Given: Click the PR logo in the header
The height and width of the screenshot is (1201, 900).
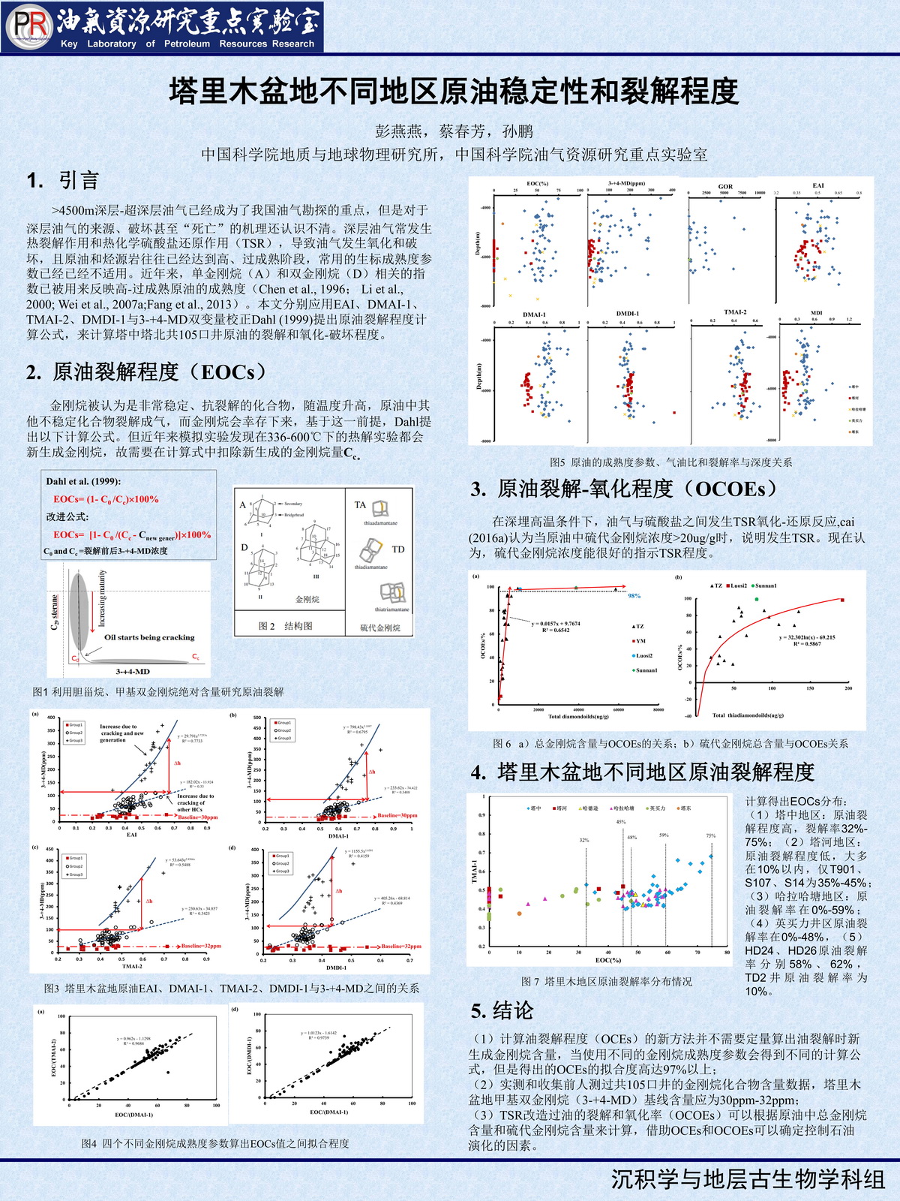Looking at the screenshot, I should [29, 27].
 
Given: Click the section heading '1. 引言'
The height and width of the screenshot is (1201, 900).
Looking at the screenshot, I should [63, 180].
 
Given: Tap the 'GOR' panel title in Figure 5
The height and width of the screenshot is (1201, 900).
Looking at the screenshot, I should [725, 186].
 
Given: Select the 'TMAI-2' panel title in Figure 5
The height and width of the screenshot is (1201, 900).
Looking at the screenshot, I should [735, 312].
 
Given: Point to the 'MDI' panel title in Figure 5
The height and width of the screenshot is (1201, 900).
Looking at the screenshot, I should [817, 312].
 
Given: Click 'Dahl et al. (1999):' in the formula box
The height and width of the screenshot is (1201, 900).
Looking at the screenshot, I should [83, 482].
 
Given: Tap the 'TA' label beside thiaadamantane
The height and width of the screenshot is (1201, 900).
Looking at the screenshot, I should [360, 505].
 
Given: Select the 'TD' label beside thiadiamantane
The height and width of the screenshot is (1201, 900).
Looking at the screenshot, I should [398, 549].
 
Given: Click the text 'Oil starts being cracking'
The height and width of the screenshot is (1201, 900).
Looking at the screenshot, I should [149, 637].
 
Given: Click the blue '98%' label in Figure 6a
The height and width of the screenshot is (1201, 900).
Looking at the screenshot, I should [634, 595].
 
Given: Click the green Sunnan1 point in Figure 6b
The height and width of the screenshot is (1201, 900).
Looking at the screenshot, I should [757, 599].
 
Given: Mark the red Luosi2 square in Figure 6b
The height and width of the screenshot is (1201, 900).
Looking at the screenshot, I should [842, 600].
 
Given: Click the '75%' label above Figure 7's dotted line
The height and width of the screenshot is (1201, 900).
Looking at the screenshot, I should [711, 835].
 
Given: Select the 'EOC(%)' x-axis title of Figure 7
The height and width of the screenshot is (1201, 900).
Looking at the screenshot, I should [608, 960].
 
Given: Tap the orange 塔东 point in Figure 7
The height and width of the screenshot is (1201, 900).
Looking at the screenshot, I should [519, 914].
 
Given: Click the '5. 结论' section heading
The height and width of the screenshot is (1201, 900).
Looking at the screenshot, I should [502, 1010].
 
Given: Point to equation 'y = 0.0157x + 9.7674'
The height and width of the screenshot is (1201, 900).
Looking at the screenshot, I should [556, 624].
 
